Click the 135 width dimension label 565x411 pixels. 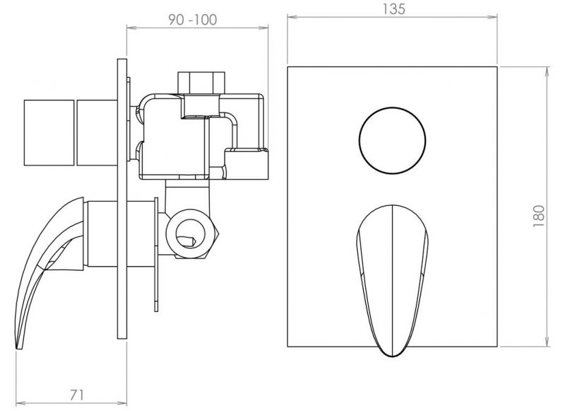tap(393, 8)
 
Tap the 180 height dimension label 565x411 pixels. tap(539, 216)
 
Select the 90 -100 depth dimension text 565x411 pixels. tap(193, 20)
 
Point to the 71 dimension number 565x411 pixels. tap(77, 395)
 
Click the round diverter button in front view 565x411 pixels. tap(393, 141)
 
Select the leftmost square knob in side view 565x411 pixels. tap(49, 133)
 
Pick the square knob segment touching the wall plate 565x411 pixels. tap(97, 133)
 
